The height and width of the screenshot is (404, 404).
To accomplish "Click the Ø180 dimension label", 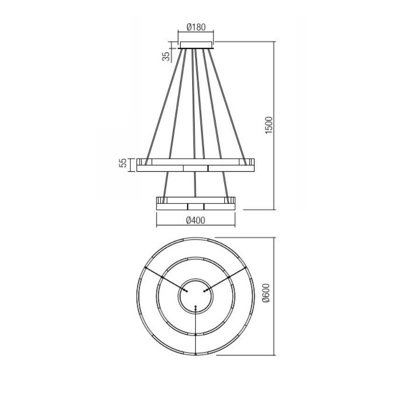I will pos(195,27).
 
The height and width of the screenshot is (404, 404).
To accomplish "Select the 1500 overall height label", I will pos(269,126).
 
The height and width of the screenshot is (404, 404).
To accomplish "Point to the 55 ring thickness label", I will pos(123,163).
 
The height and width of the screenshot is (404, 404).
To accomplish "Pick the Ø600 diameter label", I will pos(266,296).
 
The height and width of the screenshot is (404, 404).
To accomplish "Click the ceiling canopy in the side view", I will pos(196,45).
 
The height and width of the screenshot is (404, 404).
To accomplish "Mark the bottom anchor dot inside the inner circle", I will pos(196,307).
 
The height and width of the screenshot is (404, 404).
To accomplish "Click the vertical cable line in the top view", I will pos(196,330).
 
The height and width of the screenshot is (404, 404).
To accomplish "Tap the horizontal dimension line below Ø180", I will pos(196,33).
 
